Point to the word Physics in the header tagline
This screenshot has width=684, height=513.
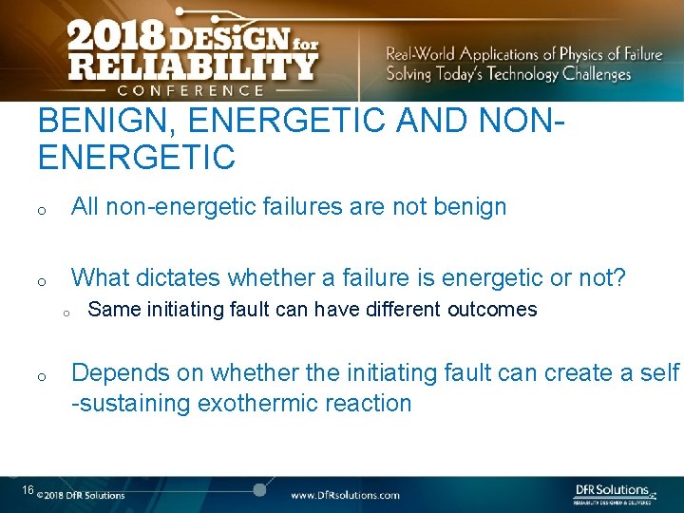click(587, 54)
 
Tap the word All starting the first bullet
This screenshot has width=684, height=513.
click(85, 206)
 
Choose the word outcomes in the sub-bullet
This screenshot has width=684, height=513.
click(492, 310)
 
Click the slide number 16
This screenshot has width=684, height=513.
click(28, 490)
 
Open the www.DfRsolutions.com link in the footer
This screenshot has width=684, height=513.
click(345, 495)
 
